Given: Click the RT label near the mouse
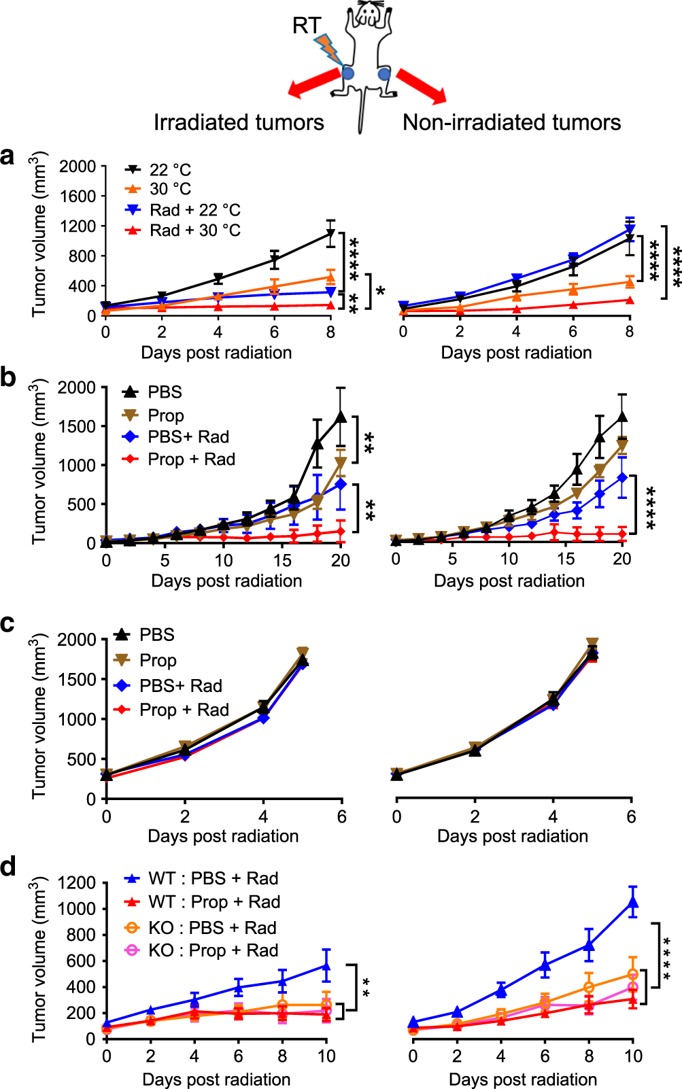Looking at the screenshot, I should (306, 26).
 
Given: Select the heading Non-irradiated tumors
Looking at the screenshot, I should (511, 122).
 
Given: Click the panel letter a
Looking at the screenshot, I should (8, 156).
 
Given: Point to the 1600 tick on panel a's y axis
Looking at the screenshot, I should (78, 196).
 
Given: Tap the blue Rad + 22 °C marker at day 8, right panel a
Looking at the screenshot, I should (630, 230).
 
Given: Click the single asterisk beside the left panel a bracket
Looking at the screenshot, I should (381, 292).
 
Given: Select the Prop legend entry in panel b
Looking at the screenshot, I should (165, 415).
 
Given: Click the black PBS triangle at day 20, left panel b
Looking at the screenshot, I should (341, 417).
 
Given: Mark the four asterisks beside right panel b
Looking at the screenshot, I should (651, 507).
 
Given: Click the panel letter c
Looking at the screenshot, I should (8, 623).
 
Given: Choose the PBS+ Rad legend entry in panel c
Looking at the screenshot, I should (180, 685).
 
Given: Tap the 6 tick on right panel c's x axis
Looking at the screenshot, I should (631, 817).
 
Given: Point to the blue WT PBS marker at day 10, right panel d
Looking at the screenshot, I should (633, 902).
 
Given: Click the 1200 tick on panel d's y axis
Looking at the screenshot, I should (76, 883).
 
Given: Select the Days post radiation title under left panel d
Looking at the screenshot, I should (216, 1079).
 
